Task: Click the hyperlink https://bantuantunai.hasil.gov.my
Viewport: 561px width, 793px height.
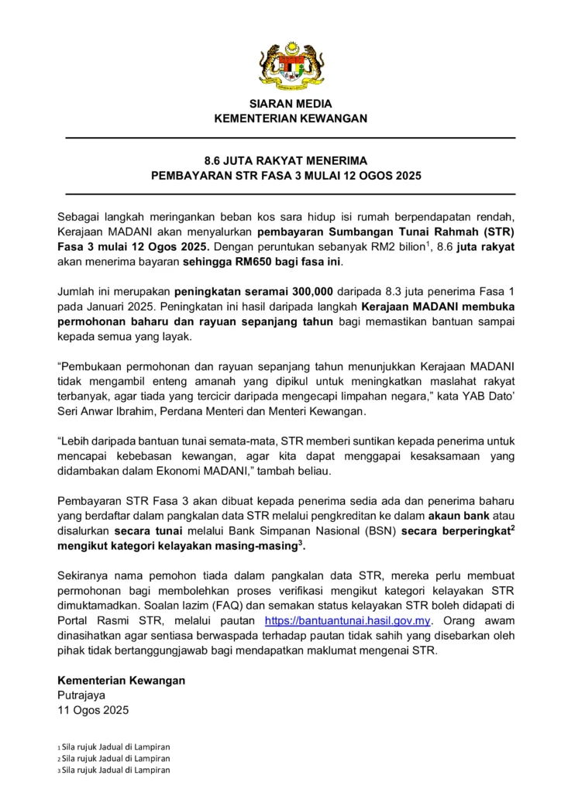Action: (x=347, y=621)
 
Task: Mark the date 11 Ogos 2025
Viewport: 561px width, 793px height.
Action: (x=93, y=709)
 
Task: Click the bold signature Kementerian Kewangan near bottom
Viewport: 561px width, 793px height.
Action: (x=122, y=680)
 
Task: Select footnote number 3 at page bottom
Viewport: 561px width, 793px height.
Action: (x=59, y=771)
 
